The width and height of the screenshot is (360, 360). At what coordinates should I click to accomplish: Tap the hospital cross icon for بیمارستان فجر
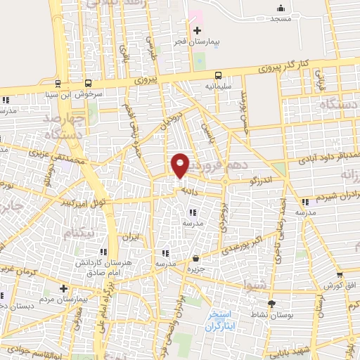coord(197,30)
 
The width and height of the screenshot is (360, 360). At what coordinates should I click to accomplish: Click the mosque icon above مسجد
coord(281,8)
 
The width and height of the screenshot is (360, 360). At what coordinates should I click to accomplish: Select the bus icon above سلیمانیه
coord(218,75)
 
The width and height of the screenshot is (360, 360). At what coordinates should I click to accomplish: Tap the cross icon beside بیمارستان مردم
coord(63,288)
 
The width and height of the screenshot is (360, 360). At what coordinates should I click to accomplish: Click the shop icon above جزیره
coord(195,258)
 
